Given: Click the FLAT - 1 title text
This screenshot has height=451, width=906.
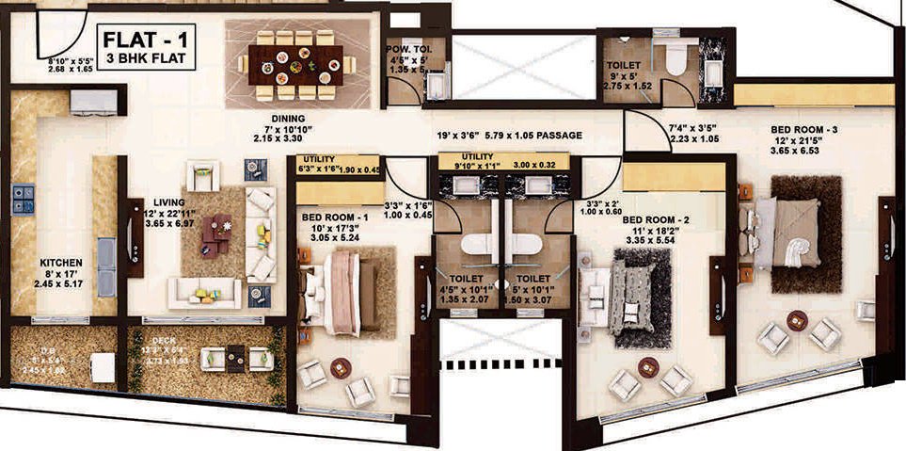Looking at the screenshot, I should click(x=145, y=40).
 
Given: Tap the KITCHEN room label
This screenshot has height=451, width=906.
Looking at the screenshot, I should click(x=61, y=263).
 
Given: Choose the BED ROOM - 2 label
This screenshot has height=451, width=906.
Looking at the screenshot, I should click(x=657, y=220).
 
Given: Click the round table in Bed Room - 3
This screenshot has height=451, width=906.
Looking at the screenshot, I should click(x=797, y=319).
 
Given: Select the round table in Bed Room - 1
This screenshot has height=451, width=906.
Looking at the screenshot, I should click(x=341, y=368).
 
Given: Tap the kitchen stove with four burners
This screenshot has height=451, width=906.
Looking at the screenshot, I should click(x=23, y=200).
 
